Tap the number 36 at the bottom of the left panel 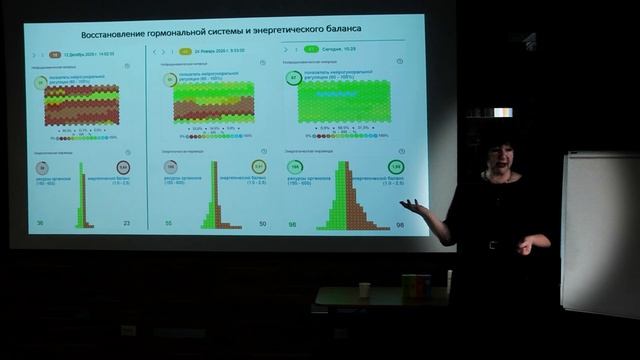40,223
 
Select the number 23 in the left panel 125,223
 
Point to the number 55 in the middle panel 168,223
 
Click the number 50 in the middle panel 261,223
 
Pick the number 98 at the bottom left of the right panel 294,223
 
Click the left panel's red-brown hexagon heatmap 81,104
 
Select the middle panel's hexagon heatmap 213,101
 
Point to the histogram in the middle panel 211,203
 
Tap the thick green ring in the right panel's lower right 396,166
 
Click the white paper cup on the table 364,290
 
